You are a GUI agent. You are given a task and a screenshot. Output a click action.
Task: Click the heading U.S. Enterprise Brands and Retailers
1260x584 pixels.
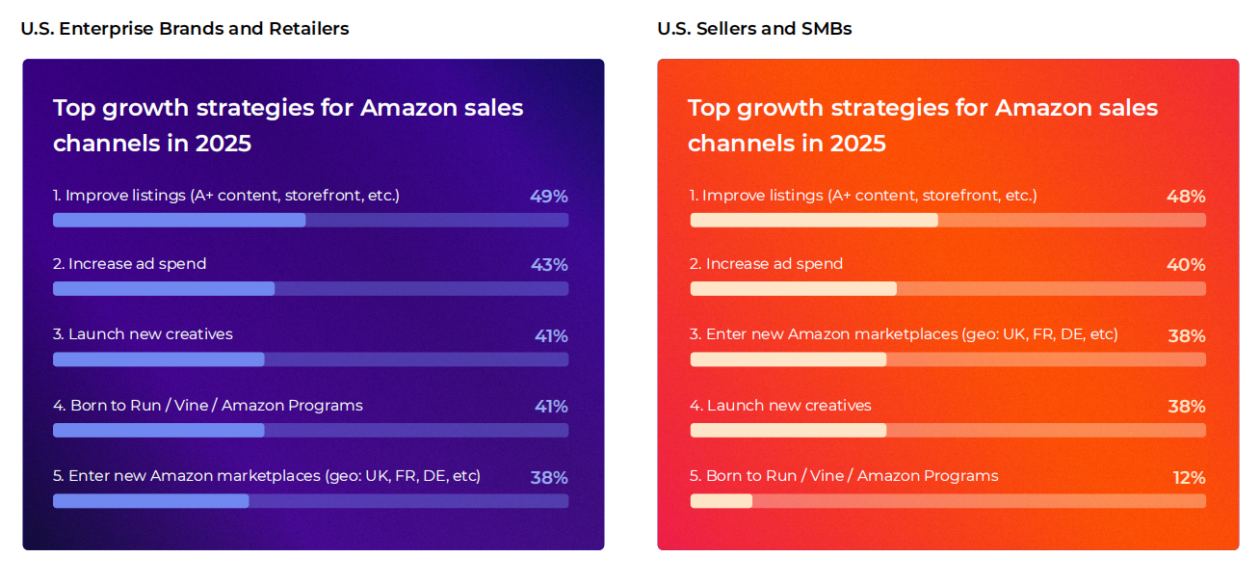pos(185,29)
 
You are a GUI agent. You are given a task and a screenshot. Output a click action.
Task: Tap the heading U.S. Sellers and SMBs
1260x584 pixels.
pos(754,29)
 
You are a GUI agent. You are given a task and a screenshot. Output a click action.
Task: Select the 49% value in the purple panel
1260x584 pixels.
pos(548,197)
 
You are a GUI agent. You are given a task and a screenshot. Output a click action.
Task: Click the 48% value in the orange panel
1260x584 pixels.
pos(1186,197)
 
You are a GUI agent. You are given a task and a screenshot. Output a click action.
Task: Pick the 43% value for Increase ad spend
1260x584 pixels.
pos(548,265)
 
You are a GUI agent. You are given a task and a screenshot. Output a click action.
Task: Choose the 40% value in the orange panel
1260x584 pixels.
pos(1186,265)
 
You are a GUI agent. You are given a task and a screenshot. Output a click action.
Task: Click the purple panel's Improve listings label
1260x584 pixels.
pos(226,196)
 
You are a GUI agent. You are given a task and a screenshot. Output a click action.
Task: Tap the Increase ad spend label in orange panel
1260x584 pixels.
pos(767,264)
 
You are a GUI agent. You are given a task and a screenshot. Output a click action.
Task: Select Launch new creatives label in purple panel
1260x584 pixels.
pos(143,334)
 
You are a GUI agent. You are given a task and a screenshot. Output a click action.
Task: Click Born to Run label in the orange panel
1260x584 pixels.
pos(844,476)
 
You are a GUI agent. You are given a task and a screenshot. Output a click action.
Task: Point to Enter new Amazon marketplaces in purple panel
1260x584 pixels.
pos(267,476)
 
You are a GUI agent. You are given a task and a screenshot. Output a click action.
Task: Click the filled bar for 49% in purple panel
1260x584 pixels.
pos(179,220)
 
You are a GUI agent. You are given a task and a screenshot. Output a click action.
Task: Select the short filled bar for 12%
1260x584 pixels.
pos(722,501)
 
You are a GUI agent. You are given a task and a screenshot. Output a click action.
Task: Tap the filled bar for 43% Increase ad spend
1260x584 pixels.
pos(164,289)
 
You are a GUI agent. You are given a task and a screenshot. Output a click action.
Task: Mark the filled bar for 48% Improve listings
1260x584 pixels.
pos(814,220)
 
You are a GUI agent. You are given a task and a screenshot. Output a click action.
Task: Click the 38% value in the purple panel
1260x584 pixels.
pos(548,478)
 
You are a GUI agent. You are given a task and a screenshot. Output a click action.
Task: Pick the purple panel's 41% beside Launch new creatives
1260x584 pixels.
pos(551,336)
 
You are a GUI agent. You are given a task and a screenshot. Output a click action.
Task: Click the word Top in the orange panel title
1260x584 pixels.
pos(708,108)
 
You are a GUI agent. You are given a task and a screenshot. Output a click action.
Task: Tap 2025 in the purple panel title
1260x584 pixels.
pos(223,144)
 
